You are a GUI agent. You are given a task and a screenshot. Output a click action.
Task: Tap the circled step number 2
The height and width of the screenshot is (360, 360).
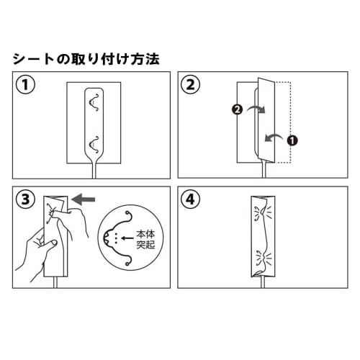(190, 85)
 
